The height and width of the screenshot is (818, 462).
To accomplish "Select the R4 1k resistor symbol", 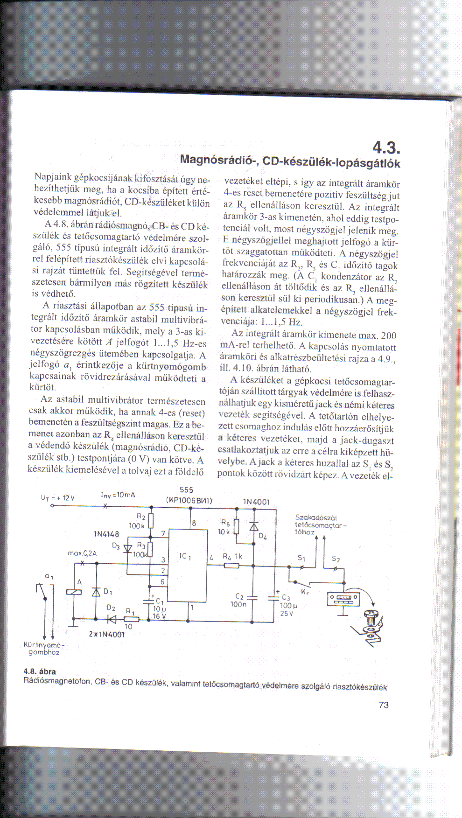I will [x=231, y=566].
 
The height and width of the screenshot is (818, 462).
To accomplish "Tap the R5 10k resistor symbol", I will [x=236, y=526].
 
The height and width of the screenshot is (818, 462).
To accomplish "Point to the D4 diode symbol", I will [x=253, y=526].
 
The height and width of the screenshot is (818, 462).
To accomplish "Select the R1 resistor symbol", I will [x=131, y=620].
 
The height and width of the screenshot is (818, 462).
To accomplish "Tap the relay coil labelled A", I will [x=74, y=592].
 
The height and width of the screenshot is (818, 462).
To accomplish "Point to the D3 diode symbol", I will [x=127, y=549].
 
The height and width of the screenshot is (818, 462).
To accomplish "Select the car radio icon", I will [x=343, y=598].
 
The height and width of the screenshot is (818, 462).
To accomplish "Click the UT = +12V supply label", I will [x=58, y=498].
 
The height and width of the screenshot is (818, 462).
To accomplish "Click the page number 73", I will [x=384, y=705].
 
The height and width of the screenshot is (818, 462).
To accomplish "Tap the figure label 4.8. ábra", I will [x=40, y=671].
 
